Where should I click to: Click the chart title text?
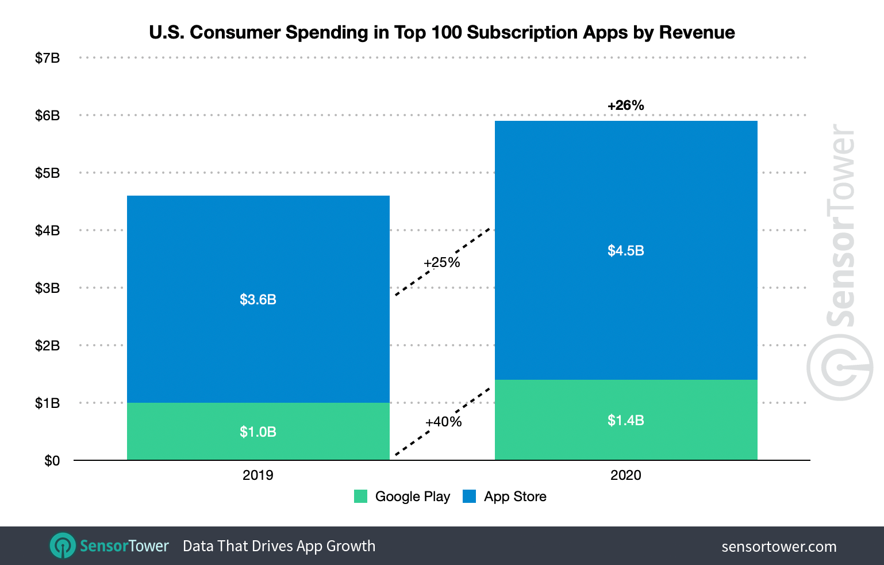pyautogui.click(x=441, y=32)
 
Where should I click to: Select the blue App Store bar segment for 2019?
pyautogui.click(x=258, y=253)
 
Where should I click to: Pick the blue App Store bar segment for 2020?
pyautogui.click(x=626, y=190)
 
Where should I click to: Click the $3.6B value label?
pyautogui.click(x=258, y=300)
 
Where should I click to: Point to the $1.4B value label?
pyautogui.click(x=626, y=421)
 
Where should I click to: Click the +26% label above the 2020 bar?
pyautogui.click(x=626, y=105)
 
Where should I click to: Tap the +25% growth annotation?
pyautogui.click(x=441, y=262)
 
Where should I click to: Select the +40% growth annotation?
pyautogui.click(x=443, y=422)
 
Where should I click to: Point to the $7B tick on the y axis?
pyautogui.click(x=47, y=58)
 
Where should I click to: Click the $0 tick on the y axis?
pyautogui.click(x=52, y=461)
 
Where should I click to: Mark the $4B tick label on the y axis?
pyautogui.click(x=47, y=231)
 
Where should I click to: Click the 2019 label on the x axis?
pyautogui.click(x=258, y=475)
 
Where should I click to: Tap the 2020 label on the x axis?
pyautogui.click(x=626, y=475)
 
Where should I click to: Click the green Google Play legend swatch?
pyautogui.click(x=360, y=496)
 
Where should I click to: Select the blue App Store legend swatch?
pyautogui.click(x=470, y=496)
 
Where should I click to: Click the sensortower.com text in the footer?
pyautogui.click(x=779, y=547)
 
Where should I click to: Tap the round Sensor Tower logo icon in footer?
pyautogui.click(x=62, y=545)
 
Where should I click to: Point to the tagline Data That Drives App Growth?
pyautogui.click(x=279, y=546)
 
